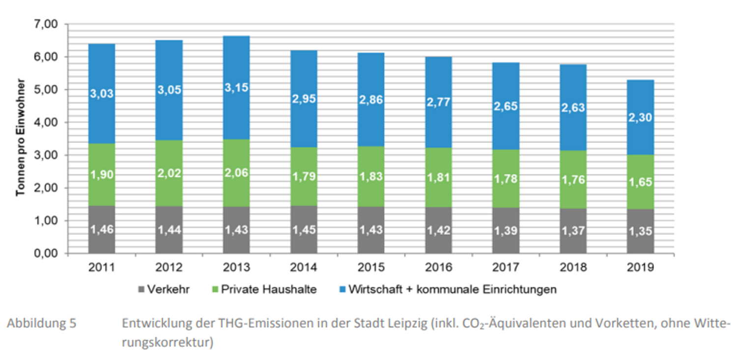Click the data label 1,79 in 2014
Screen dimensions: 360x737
[304, 174]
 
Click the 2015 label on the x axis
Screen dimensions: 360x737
[371, 268]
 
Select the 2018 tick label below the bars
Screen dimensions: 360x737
[573, 268]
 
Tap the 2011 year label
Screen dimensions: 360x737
[102, 268]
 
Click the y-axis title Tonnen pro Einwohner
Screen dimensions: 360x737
[20, 139]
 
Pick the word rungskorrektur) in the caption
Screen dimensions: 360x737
[168, 342]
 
